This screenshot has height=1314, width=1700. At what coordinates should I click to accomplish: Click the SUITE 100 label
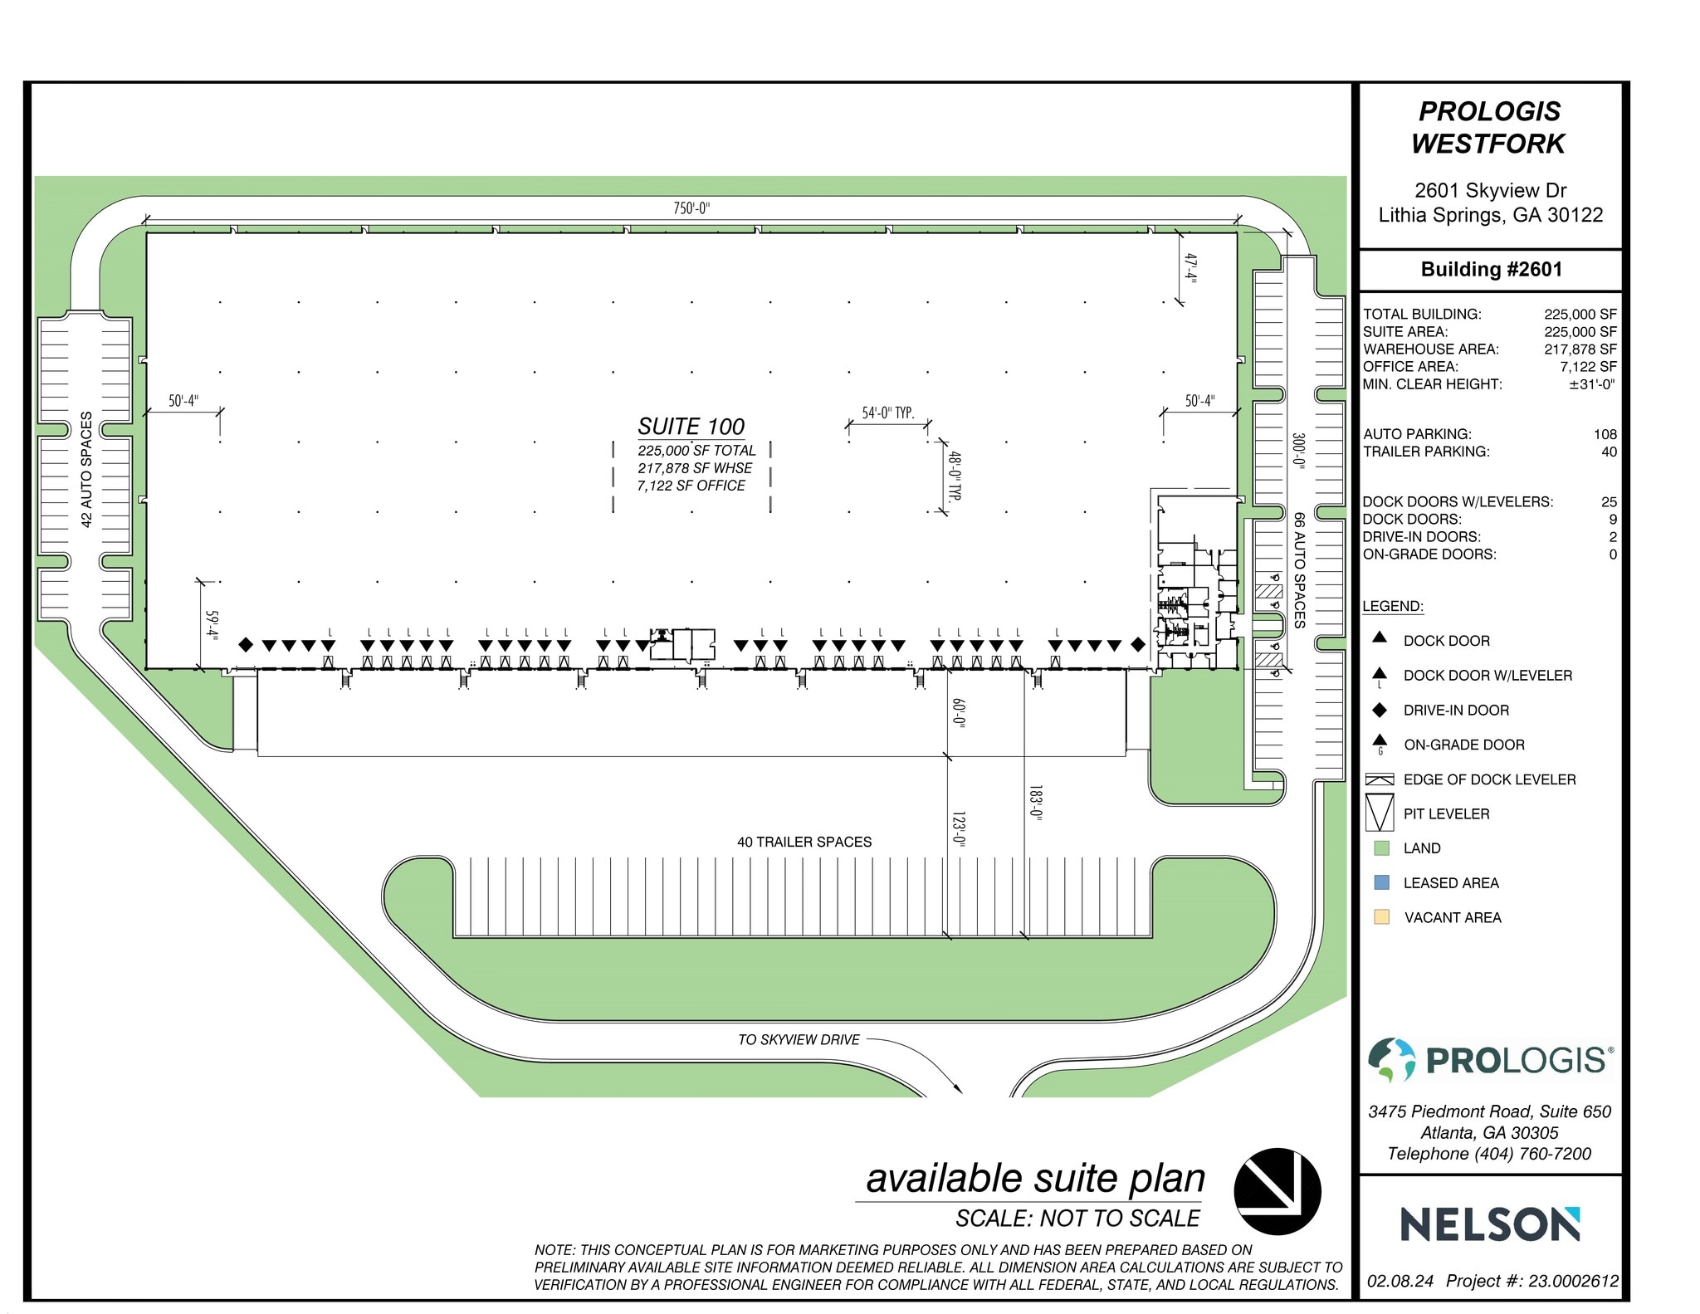(691, 427)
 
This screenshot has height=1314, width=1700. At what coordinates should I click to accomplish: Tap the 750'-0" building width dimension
(691, 208)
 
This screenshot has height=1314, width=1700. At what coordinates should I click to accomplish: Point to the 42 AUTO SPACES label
(86, 470)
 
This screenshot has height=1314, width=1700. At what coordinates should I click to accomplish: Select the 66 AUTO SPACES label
(1299, 569)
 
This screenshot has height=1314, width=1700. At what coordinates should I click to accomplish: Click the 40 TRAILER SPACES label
(804, 842)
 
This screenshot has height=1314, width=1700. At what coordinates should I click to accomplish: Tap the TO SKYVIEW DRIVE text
(799, 1039)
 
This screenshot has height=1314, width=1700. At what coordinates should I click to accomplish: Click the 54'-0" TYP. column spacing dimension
(887, 413)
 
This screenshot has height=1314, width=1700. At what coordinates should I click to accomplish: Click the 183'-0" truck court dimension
(1034, 802)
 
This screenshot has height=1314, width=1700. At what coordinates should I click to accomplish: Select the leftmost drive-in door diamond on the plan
(246, 645)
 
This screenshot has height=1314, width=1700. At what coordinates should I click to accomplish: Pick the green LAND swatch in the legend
(1381, 848)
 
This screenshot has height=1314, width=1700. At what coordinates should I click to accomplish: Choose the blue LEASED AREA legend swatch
(1381, 882)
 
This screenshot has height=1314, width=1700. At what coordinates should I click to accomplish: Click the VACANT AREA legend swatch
(1381, 917)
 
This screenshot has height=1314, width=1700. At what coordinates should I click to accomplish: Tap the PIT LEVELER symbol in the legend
(1379, 813)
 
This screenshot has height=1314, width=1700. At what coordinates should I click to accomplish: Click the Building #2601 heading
(1491, 270)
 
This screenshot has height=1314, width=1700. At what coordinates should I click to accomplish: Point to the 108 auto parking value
(1605, 434)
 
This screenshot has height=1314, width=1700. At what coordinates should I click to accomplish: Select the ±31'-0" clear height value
(1591, 384)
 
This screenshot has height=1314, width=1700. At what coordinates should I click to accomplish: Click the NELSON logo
(1490, 1224)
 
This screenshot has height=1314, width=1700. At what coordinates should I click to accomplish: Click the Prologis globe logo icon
(1391, 1060)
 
